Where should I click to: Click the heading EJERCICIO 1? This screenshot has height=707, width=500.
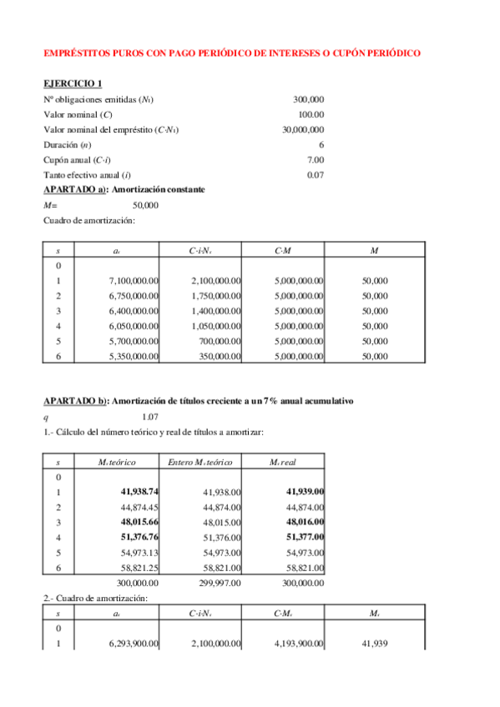[73, 83]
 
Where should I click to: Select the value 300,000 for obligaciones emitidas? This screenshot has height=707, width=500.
[309, 99]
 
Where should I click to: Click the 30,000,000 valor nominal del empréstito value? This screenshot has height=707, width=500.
[303, 129]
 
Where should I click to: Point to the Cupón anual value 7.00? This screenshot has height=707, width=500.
[315, 159]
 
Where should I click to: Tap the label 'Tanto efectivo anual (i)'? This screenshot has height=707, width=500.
[88, 174]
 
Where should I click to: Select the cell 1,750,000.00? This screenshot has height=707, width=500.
[216, 296]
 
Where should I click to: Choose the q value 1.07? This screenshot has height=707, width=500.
[150, 416]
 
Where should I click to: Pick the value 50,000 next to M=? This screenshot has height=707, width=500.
[145, 204]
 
